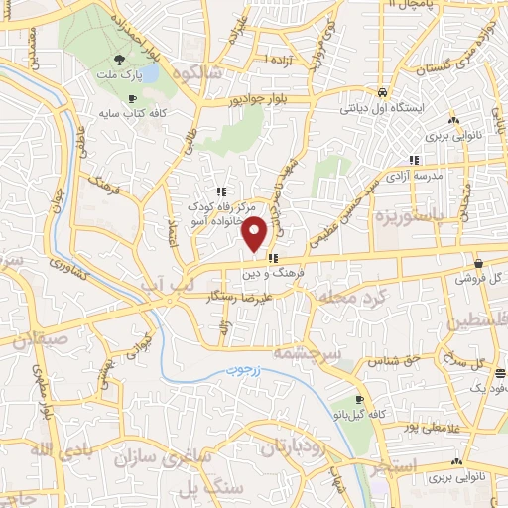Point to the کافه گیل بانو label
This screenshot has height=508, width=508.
pyautogui.click(x=380, y=412)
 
